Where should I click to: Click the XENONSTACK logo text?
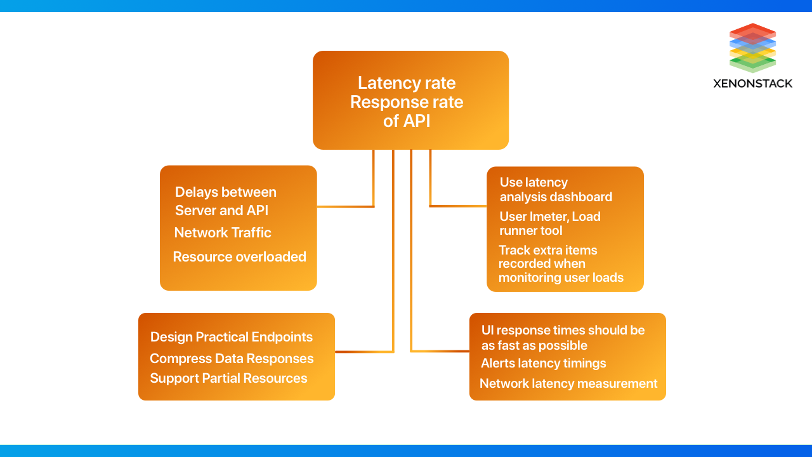pos(752,83)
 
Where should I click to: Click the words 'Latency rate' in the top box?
pos(407,83)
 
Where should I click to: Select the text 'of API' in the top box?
pos(407,121)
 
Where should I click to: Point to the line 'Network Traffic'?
pos(223,233)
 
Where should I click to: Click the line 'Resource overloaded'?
pos(239,257)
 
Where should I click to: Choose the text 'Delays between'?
pos(225,192)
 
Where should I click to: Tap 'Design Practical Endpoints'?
pos(232,337)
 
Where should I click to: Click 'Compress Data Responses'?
pos(232,359)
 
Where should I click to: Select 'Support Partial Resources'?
pos(228,378)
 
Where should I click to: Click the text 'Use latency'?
pos(534,183)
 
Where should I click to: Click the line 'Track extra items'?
pos(547,250)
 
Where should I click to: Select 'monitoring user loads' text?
pos(561,277)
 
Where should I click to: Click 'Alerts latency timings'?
pos(543,363)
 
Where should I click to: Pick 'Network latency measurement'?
pos(568,383)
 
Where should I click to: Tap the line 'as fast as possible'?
pos(534,345)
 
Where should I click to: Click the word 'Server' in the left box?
pos(195,210)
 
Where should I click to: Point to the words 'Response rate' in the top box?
pos(407,102)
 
